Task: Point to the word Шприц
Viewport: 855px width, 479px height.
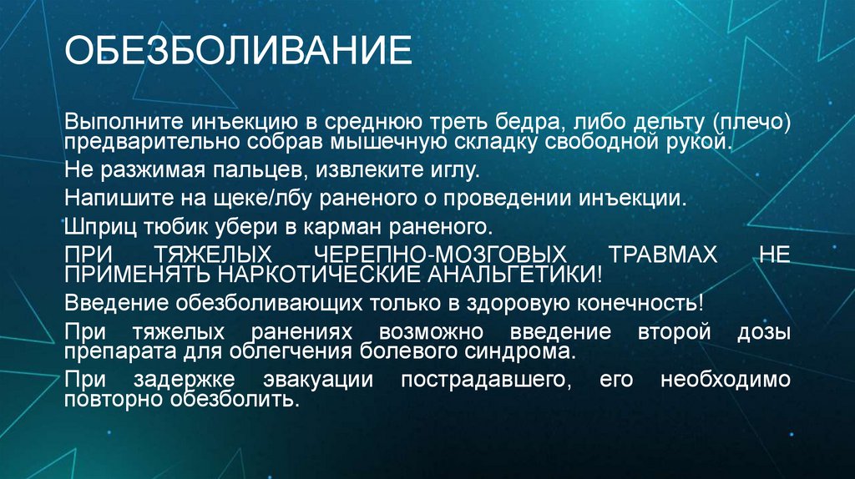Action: point(93,226)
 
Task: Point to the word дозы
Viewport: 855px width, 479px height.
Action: point(761,331)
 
